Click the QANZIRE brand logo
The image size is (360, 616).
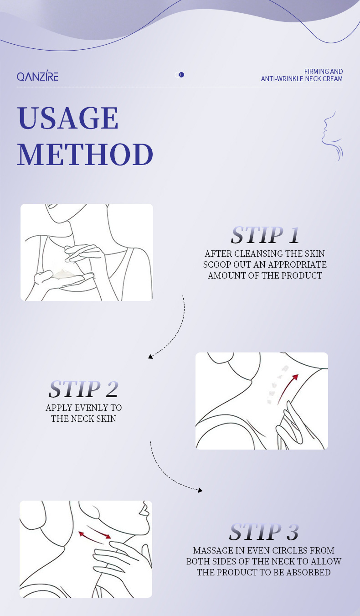pyautogui.click(x=37, y=75)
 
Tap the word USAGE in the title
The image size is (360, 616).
pyautogui.click(x=68, y=118)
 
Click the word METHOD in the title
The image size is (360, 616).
pyautogui.click(x=85, y=154)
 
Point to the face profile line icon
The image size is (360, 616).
pyautogui.click(x=332, y=136)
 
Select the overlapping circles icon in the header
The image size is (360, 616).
pyautogui.click(x=180, y=74)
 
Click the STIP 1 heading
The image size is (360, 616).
pyautogui.click(x=265, y=235)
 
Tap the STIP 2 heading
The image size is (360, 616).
pyautogui.click(x=83, y=389)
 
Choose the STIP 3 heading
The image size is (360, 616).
pyautogui.click(x=264, y=532)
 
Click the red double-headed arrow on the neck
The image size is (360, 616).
pyautogui.click(x=95, y=535)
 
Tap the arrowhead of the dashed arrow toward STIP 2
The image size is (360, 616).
pyautogui.click(x=150, y=357)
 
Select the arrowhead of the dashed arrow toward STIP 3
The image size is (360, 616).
pyautogui.click(x=200, y=490)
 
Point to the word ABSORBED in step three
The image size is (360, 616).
pyautogui.click(x=309, y=572)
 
